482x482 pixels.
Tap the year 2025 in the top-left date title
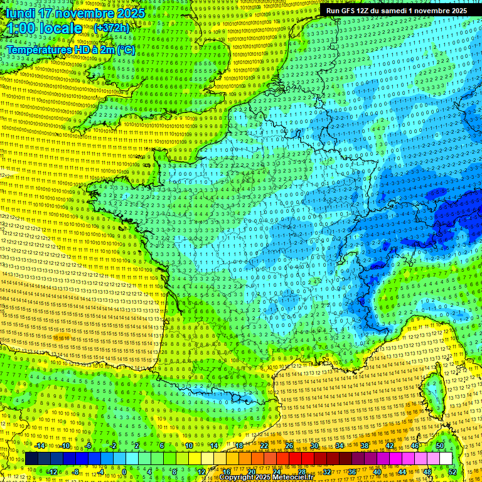click(x=129, y=13)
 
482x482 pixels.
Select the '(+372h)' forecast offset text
click(x=111, y=28)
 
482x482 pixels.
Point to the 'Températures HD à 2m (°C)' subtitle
click(x=71, y=50)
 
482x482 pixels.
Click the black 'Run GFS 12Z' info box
click(x=396, y=11)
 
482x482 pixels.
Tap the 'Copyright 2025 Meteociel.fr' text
click(x=267, y=478)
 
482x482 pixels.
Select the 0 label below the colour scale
click(x=124, y=471)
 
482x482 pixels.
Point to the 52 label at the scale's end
click(x=453, y=471)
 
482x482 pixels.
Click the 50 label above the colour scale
click(x=439, y=446)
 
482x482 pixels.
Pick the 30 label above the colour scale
click(x=314, y=446)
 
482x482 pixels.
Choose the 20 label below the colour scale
click(x=251, y=471)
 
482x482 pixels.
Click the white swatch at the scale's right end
click(x=446, y=458)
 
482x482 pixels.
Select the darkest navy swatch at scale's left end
click(x=31, y=458)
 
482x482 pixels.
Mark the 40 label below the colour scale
click(x=377, y=471)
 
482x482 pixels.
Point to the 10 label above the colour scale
click(x=188, y=446)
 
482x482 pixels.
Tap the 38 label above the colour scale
click(x=364, y=446)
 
